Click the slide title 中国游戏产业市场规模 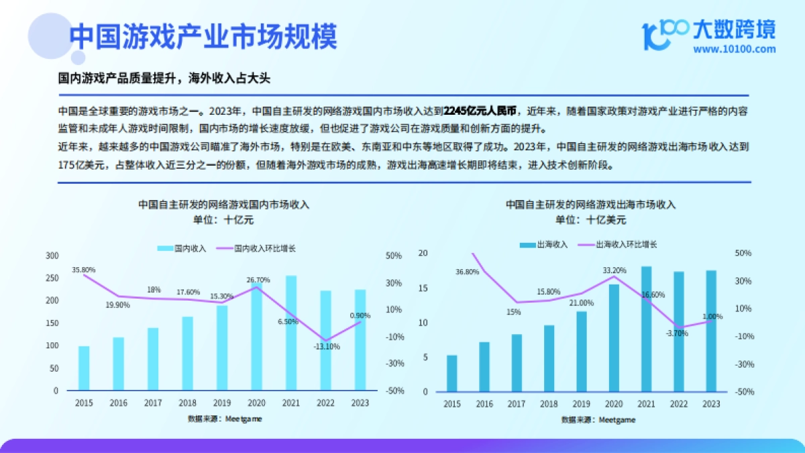203,37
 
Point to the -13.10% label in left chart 327,347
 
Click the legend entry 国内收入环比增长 265,248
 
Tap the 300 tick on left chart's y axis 52,256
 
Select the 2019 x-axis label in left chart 222,403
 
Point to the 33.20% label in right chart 614,270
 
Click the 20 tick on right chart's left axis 423,253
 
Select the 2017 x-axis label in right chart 517,404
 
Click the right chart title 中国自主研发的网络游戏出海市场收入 590,204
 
